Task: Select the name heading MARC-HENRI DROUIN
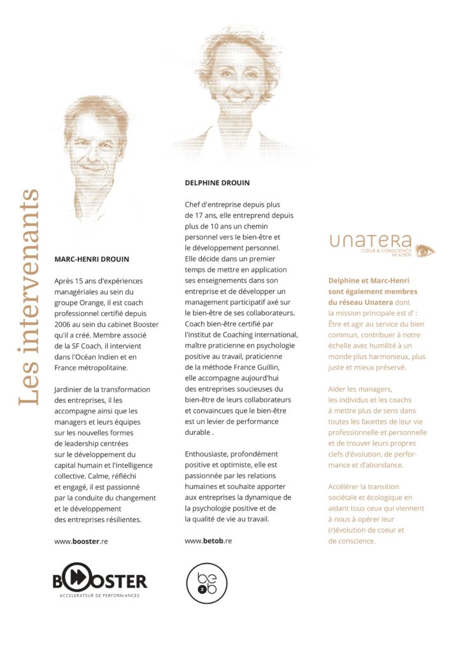[92, 259]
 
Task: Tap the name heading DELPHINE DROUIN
[217, 183]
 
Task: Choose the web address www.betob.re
[208, 541]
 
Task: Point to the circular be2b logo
[206, 582]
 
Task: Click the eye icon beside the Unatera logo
[424, 250]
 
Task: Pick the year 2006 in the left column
[66, 324]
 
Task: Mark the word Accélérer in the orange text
[347, 486]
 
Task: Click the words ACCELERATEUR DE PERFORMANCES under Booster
[99, 595]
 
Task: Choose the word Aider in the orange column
[339, 388]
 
